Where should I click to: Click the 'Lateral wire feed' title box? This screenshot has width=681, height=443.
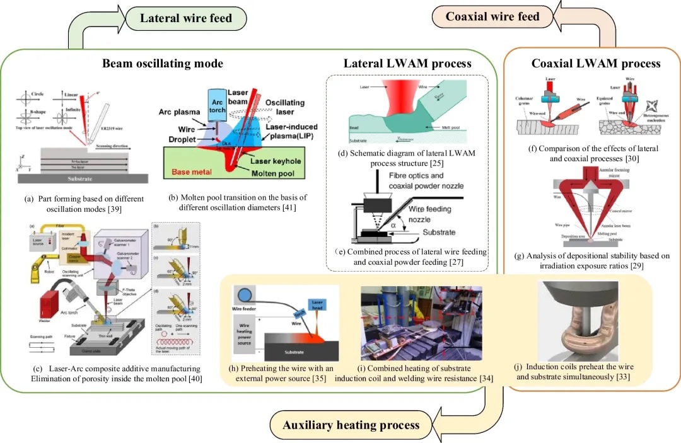(x=186, y=18)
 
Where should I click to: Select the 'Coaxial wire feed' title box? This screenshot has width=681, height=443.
(x=492, y=16)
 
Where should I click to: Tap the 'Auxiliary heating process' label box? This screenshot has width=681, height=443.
(x=351, y=425)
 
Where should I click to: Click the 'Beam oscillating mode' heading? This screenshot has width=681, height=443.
(x=162, y=63)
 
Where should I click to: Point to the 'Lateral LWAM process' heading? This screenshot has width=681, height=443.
(x=407, y=63)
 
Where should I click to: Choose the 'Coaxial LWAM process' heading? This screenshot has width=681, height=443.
(x=596, y=63)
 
